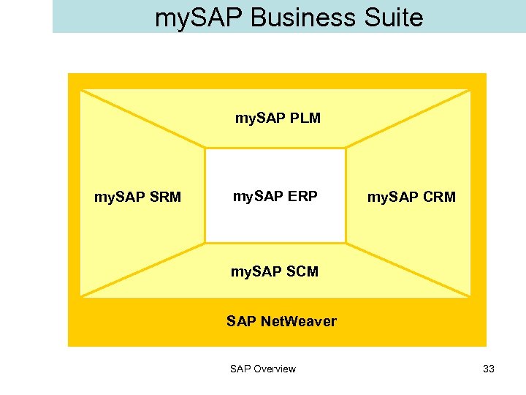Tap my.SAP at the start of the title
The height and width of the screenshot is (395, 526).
click(x=199, y=17)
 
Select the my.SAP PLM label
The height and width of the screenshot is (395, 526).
click(x=278, y=118)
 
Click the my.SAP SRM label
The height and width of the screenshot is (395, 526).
click(x=138, y=197)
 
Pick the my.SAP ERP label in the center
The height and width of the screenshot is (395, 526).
click(x=275, y=196)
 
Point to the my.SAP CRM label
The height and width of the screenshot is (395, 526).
click(x=411, y=197)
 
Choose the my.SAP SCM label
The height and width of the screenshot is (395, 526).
click(x=275, y=271)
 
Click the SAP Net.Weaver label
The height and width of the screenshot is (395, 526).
click(x=281, y=321)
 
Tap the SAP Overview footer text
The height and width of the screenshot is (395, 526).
click(x=263, y=369)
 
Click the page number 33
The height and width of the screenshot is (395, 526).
click(x=489, y=369)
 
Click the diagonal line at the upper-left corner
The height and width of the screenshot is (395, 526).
click(x=142, y=119)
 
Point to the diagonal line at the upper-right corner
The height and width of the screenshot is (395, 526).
click(x=408, y=119)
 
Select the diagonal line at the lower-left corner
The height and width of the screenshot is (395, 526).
click(x=142, y=269)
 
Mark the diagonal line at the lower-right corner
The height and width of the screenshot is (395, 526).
click(x=408, y=269)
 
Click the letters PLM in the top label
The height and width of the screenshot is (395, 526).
click(x=305, y=118)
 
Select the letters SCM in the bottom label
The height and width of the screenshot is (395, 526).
click(x=302, y=271)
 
